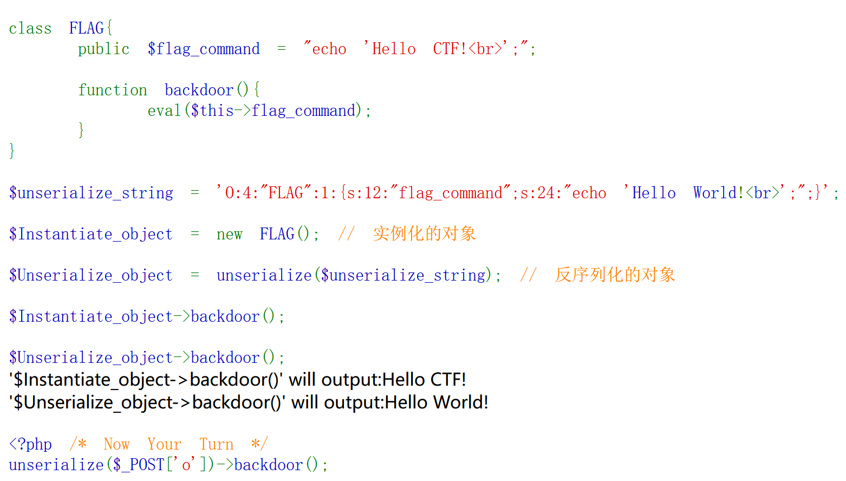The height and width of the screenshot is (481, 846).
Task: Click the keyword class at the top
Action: click(x=30, y=28)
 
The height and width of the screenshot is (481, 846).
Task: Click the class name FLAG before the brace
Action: click(x=87, y=28)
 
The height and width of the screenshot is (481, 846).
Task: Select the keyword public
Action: click(x=104, y=49)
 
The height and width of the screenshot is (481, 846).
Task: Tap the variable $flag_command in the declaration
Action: click(x=204, y=49)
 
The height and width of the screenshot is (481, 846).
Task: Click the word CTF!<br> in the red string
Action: click(x=467, y=49)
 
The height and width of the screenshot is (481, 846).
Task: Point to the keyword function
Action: click(x=113, y=90)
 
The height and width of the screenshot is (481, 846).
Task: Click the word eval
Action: click(x=164, y=110)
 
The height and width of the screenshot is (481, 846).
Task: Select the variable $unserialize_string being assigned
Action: click(x=91, y=193)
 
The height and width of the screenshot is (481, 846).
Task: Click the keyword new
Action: click(x=229, y=234)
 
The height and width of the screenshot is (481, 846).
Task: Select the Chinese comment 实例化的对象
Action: click(x=425, y=233)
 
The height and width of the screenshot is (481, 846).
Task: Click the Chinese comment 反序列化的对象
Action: click(x=615, y=275)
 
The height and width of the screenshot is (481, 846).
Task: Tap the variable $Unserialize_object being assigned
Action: click(x=91, y=275)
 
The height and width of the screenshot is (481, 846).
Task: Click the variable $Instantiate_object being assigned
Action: click(x=91, y=234)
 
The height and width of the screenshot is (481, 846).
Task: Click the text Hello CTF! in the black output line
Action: click(x=419, y=379)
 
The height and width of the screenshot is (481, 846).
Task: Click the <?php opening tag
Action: click(x=30, y=444)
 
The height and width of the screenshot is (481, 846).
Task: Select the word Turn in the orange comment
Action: click(x=217, y=444)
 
